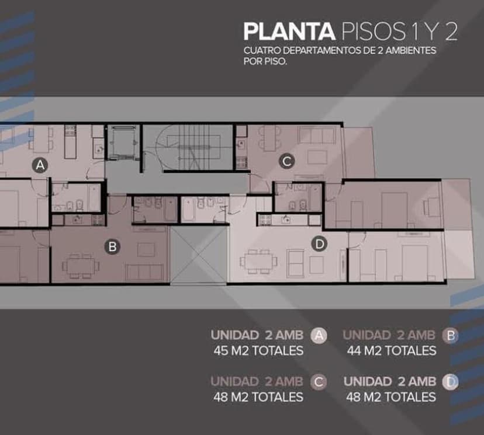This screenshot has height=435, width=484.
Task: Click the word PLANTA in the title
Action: [x=289, y=31]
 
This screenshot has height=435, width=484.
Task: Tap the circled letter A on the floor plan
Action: [x=40, y=166]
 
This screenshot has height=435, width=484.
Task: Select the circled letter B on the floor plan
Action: [x=112, y=246]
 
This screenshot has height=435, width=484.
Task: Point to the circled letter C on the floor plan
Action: [x=287, y=161]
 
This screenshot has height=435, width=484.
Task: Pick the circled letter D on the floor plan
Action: [x=320, y=244]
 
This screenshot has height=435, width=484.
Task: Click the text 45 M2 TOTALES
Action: [x=258, y=351]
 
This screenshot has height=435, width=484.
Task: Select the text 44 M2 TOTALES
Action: [x=392, y=351]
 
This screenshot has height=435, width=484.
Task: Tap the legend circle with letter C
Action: [x=319, y=382]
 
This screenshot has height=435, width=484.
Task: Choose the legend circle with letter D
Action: [x=450, y=382]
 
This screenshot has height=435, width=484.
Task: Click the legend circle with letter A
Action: [x=319, y=335]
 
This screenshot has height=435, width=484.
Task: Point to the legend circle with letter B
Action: [x=450, y=335]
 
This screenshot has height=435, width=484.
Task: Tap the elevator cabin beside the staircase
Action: [x=123, y=142]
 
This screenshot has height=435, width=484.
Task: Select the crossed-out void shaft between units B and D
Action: [x=199, y=255]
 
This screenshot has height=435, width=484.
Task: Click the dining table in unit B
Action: [x=81, y=266]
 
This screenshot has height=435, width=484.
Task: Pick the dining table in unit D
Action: [x=259, y=262]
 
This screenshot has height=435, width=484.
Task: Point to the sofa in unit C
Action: [x=316, y=135]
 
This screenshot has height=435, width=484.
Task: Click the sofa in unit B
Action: [x=145, y=272]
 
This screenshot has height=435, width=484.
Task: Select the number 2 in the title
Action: [x=451, y=32]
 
